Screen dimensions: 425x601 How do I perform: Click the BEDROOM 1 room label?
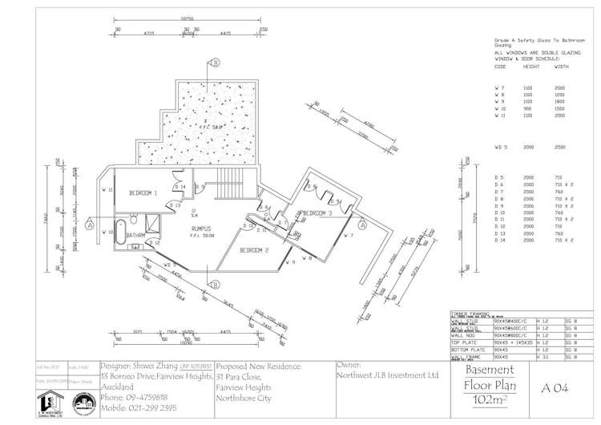pyautogui.click(x=144, y=193)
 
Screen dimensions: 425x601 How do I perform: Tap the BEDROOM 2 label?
pyautogui.click(x=254, y=250)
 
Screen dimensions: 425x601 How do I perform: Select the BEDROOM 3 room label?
pyautogui.click(x=317, y=213)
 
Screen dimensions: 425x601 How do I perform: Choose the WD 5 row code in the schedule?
pyautogui.click(x=502, y=148)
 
